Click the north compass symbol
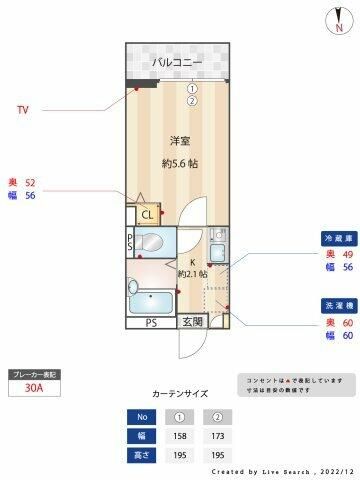[334, 21]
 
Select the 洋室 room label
[180, 140]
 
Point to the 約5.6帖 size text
[180, 163]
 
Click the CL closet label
[147, 214]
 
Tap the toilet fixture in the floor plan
[150, 242]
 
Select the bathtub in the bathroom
[151, 298]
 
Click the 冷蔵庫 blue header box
[336, 240]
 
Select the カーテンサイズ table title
[180, 394]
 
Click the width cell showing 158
[181, 436]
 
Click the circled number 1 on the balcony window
[191, 88]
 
